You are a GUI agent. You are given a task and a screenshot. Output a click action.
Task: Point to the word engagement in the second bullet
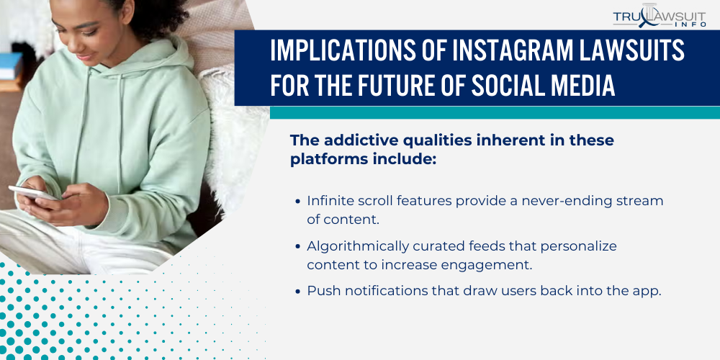pos(490,264)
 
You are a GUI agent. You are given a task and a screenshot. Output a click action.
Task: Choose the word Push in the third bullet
pos(321,291)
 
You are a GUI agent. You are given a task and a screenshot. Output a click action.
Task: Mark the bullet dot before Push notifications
pos(299,292)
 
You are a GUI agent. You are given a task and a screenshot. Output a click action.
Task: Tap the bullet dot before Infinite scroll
pos(299,202)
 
